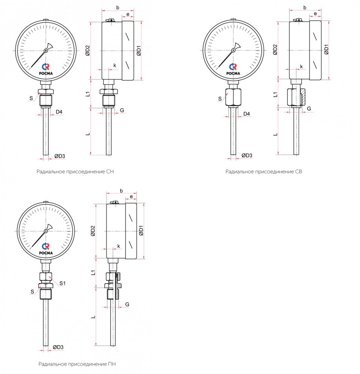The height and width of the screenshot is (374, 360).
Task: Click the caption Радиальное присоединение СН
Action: pos(75,172)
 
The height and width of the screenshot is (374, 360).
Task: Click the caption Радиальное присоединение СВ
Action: pos(263,172)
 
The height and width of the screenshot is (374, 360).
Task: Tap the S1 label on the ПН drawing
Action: pos(62,283)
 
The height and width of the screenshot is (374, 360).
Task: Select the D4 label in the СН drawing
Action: pos(59,112)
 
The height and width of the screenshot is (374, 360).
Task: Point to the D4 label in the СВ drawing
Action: pos(247,114)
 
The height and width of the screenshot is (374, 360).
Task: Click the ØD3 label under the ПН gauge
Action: pos(58,347)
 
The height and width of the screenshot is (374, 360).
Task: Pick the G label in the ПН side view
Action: pos(127,304)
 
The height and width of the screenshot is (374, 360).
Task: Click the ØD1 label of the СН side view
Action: pos(138,50)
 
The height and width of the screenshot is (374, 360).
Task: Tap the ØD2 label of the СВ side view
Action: pos(275,50)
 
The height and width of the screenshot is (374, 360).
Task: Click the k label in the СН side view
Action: pos(115,65)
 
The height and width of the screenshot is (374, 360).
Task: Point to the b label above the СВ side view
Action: pos(305,7)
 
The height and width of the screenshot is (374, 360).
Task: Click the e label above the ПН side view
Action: pos(131,196)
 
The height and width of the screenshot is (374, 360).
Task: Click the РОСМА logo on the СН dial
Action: pos(46,69)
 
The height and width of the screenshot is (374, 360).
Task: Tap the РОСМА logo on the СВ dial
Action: pos(234,69)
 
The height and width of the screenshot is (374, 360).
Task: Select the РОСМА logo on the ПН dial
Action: pos(46,248)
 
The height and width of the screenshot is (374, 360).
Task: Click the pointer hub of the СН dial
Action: pos(46,50)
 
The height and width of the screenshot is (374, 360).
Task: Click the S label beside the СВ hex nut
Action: pos(220,99)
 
